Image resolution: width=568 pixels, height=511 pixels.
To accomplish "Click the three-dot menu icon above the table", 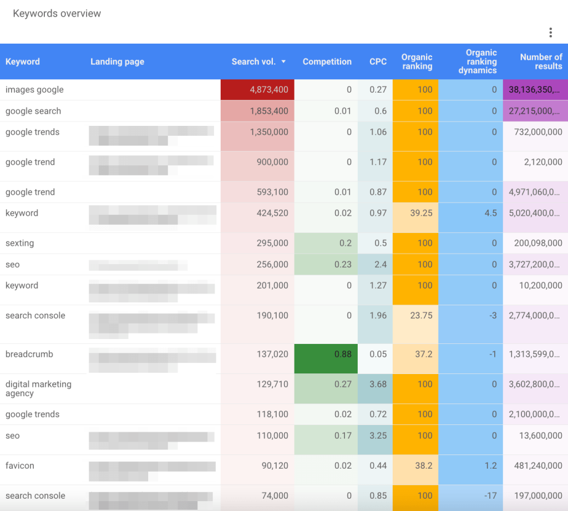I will pos(551,33).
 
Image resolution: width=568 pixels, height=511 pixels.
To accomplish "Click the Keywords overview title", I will pos(57,14).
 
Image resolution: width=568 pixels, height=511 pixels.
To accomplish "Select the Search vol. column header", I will pos(253,61).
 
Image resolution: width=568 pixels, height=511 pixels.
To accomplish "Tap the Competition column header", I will pos(327,61).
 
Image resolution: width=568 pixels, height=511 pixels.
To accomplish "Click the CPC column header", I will pos(378,61).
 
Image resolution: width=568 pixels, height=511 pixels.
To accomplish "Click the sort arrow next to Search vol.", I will pos(283,62).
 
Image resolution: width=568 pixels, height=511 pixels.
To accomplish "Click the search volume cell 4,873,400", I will pos(269,90).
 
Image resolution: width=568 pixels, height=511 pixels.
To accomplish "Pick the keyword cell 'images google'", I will pos(34,90).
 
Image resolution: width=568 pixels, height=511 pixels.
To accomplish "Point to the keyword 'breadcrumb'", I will pos(30,354).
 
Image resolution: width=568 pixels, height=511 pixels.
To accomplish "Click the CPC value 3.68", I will pos(377,384).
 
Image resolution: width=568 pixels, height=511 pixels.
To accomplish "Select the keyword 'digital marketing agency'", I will pos(38,388).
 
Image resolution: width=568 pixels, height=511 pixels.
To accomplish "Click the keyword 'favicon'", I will pos(20,466).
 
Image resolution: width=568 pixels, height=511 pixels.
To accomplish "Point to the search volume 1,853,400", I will pos(269,111).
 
